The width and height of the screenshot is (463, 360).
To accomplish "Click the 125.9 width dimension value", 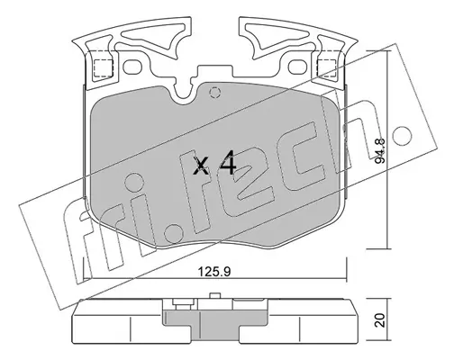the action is tap(214, 272).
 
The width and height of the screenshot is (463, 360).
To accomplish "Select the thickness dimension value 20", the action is tap(380, 320).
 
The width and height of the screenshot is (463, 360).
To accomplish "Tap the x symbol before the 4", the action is tap(201, 166).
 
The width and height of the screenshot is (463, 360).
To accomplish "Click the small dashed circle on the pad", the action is tap(215, 92).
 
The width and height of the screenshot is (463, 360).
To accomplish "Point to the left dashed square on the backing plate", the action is tap(104, 67).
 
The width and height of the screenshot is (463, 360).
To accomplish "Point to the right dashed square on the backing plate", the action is tap(326, 67).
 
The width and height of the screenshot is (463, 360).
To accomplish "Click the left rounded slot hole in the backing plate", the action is tap(133, 67).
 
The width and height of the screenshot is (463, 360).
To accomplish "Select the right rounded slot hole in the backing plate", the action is tap(297, 67).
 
